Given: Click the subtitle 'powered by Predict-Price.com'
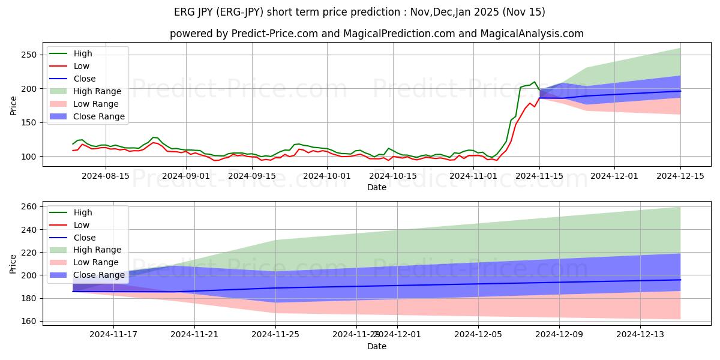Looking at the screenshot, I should pyautogui.click(x=376, y=34).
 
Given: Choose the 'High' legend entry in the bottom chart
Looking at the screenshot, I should pyautogui.click(x=82, y=212).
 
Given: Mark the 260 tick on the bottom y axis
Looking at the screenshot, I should pyautogui.click(x=30, y=206).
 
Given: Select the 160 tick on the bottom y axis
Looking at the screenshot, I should pyautogui.click(x=30, y=321).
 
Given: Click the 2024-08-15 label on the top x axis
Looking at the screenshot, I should pyautogui.click(x=106, y=176).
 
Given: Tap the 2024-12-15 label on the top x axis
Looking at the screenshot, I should pyautogui.click(x=680, y=176).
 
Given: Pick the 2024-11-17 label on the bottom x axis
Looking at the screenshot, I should pyautogui.click(x=113, y=335).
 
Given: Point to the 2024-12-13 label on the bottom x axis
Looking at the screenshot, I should pyautogui.click(x=640, y=335).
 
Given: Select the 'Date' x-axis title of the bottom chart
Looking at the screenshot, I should pyautogui.click(x=376, y=346).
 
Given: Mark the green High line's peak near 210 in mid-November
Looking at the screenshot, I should pyautogui.click(x=534, y=82).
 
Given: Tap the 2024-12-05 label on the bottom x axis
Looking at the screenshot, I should pyautogui.click(x=478, y=335).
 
